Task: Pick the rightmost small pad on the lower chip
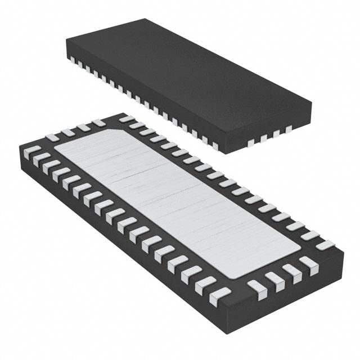[x=325, y=245]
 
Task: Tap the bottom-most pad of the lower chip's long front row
[x=219, y=295]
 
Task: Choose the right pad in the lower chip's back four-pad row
[x=99, y=123]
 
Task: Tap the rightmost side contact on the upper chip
[x=289, y=129]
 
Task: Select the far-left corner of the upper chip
[x=66, y=40]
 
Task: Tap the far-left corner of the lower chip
[x=20, y=147]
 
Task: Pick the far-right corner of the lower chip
[x=343, y=250]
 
